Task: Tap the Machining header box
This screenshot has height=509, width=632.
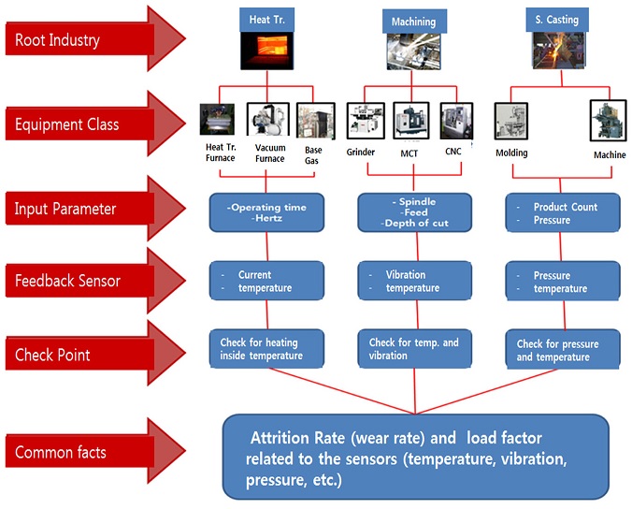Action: pos(409,21)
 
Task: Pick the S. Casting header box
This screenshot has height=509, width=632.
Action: pos(558,19)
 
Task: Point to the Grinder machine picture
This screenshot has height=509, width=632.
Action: pos(363,122)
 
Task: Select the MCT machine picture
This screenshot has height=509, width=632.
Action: pos(411,122)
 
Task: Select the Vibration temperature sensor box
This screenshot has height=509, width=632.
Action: pos(413,282)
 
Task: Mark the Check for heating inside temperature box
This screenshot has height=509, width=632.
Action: pos(267,349)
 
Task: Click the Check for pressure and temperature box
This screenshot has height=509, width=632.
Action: pos(562,350)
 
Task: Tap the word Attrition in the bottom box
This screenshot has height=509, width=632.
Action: pos(281,438)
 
